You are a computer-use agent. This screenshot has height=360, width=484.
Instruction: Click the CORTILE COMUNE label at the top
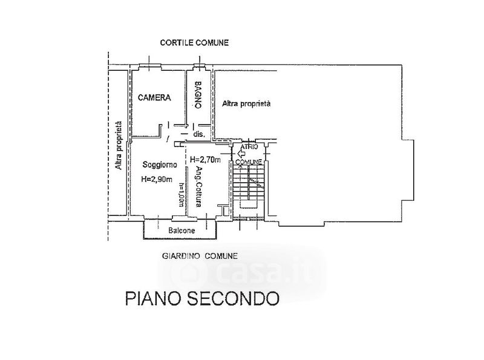(194, 43)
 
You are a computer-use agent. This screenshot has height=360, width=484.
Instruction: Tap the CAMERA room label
(154, 97)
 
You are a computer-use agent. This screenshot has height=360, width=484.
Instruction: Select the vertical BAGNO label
(197, 96)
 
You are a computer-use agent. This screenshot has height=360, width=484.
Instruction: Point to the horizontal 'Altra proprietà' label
(246, 104)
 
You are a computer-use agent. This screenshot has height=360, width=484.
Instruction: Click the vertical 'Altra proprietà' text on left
(120, 145)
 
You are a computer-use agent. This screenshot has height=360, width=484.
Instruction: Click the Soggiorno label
(159, 165)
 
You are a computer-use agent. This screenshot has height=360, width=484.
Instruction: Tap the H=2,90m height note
(157, 179)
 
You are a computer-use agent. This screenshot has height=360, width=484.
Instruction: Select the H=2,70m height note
(204, 160)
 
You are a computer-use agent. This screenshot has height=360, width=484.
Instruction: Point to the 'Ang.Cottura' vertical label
(197, 187)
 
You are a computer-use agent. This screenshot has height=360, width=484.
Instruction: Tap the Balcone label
(181, 231)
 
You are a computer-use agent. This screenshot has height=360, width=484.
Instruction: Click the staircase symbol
(249, 185)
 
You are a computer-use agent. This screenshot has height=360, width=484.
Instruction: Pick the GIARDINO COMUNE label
(200, 256)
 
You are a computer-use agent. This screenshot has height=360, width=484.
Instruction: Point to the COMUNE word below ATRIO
(248, 162)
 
